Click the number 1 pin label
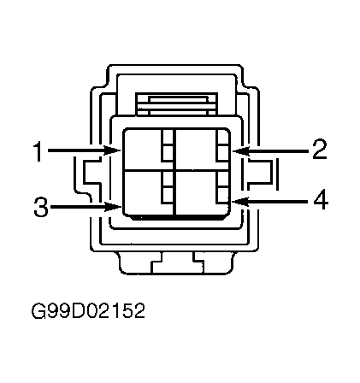tap(38, 151)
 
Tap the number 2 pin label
tap(320, 149)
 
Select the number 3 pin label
tap(41, 207)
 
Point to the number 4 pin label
tap(321, 201)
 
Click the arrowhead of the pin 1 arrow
tap(113, 150)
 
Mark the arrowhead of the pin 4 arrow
tap(240, 201)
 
